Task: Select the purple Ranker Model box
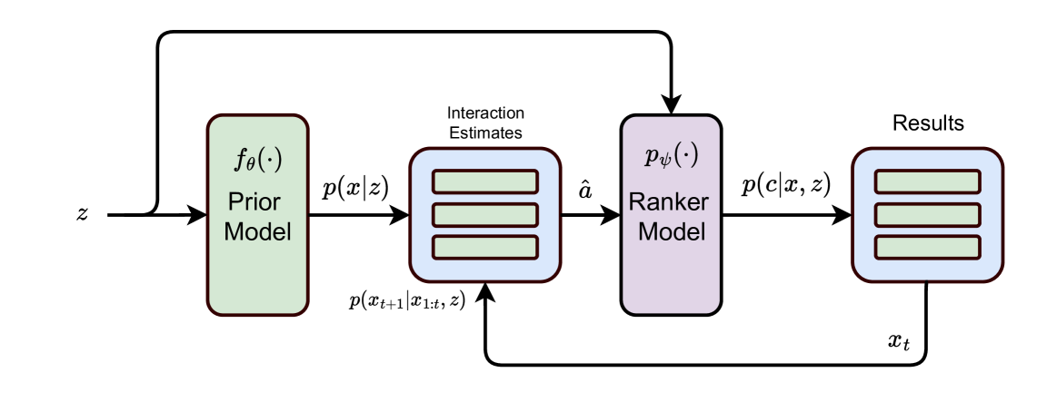coord(671,277)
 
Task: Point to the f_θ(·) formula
coord(258,161)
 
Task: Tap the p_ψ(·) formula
coord(672,157)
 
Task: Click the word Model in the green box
coord(257,231)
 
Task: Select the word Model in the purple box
coord(671,231)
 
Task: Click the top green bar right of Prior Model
coord(484,181)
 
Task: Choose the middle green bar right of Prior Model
coord(484,215)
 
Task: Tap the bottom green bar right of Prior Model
coord(484,247)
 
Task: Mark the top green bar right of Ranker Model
coord(927,181)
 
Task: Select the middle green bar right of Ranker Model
coord(927,215)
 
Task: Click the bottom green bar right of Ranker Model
coord(927,247)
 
